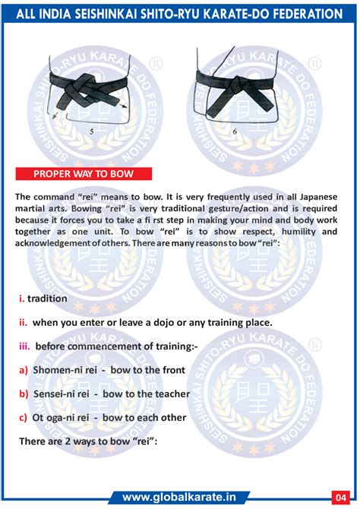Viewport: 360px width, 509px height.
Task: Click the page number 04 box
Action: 344,498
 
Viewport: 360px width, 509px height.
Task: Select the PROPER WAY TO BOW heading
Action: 84,173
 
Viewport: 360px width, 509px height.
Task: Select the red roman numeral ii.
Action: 23,322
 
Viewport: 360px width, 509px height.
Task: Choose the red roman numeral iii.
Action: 24,346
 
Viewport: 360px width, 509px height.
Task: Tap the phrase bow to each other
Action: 144,418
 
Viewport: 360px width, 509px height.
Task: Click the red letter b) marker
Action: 24,394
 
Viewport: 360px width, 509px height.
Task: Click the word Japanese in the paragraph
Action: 311,196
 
